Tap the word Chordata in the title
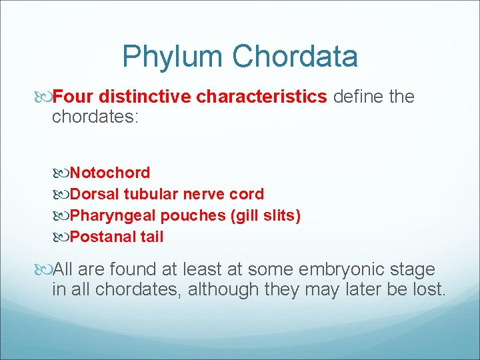click(295, 57)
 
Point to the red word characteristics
click(261, 97)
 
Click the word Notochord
click(110, 173)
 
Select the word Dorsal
click(94, 194)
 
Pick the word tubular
click(151, 194)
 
